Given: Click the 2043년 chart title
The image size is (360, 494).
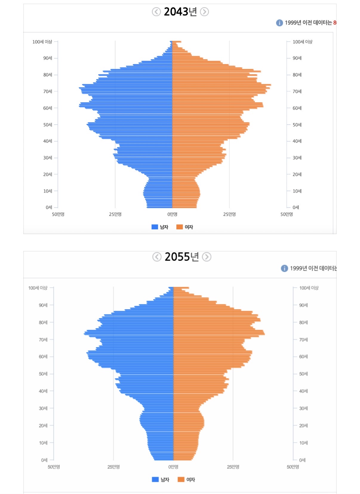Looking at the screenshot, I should click(180, 12).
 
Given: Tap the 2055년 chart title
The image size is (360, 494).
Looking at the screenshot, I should click(181, 257).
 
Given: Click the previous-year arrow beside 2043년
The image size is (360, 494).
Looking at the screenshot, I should click(156, 12).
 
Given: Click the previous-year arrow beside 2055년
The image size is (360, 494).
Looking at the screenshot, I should click(157, 257).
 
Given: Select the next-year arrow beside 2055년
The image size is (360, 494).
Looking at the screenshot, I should click(207, 257).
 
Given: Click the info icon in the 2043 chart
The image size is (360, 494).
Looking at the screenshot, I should click(279, 23).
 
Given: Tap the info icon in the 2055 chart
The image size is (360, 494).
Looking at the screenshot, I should click(284, 268).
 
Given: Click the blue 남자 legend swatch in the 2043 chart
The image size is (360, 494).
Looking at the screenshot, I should click(155, 227).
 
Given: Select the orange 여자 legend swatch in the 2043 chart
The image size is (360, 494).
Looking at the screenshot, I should click(179, 227).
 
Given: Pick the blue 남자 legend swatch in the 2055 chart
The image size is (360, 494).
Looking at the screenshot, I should click(155, 479).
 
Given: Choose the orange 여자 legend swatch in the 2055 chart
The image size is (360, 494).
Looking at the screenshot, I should click(181, 479).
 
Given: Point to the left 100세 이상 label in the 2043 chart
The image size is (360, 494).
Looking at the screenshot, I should click(42, 42).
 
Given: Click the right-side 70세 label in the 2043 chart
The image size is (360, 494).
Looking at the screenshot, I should click(297, 91).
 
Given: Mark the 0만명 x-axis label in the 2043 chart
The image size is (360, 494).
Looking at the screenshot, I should click(172, 214).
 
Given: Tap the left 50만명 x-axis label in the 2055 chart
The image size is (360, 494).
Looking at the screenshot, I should click(54, 467).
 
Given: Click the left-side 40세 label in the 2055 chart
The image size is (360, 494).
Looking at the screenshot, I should click(43, 391).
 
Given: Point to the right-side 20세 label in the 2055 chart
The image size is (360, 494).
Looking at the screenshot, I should click(304, 426).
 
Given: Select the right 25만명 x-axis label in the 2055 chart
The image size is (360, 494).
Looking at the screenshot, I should click(233, 467).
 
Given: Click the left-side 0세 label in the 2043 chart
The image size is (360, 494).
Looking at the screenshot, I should click(49, 207).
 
